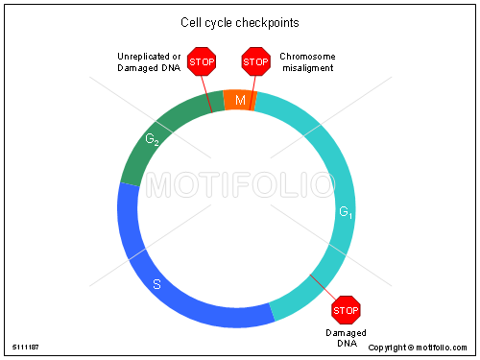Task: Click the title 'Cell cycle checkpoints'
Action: (239, 21)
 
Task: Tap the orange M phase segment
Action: (239, 101)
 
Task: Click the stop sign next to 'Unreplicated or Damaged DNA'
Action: (202, 62)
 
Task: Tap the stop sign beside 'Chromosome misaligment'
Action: (255, 62)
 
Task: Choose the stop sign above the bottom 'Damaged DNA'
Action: (346, 310)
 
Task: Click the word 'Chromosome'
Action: (307, 57)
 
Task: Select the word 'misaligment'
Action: (307, 68)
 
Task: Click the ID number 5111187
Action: (26, 348)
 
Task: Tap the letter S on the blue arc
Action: (157, 284)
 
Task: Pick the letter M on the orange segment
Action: (240, 101)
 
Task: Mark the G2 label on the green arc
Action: (152, 140)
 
